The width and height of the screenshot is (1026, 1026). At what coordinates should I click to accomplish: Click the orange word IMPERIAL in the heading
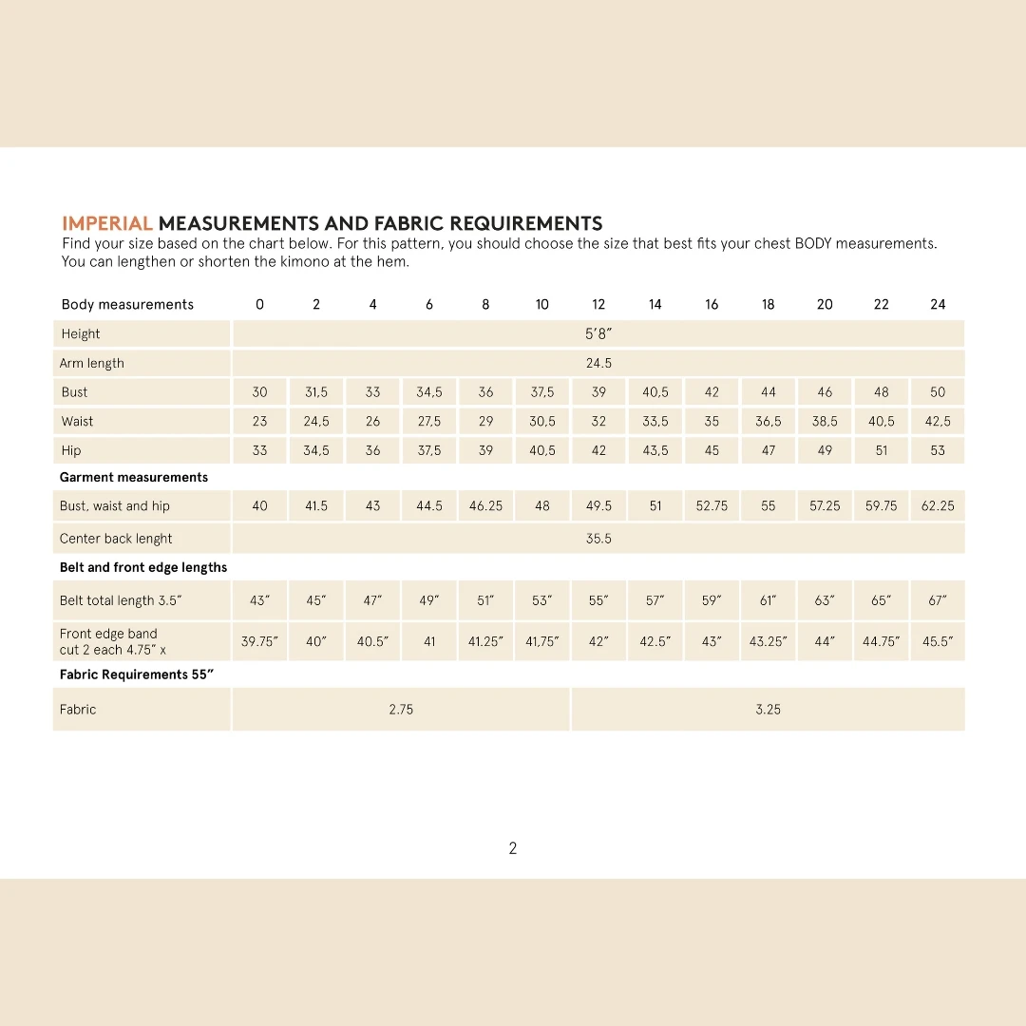[x=107, y=224]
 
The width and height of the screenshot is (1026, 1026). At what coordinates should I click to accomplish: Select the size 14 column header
[x=655, y=305]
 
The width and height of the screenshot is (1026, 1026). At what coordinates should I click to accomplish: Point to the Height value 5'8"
[x=598, y=334]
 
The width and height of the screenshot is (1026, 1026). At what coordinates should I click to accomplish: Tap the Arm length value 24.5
[x=598, y=363]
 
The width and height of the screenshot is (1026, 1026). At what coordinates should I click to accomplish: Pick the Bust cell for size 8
[x=485, y=392]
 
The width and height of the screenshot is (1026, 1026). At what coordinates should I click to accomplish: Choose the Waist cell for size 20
[x=825, y=422]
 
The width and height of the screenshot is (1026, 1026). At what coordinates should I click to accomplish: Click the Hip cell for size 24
[x=938, y=451]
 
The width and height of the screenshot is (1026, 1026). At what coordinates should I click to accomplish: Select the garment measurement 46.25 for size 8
[x=485, y=506]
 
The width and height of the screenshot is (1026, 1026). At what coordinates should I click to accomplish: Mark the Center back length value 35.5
[x=598, y=539]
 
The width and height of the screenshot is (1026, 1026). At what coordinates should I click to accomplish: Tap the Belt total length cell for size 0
[x=259, y=601]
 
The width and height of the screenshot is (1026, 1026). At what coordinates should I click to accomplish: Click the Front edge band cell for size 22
[x=882, y=642]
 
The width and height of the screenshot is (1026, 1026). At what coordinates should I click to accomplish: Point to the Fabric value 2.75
[x=401, y=710]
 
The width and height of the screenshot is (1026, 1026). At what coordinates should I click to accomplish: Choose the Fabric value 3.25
[x=768, y=710]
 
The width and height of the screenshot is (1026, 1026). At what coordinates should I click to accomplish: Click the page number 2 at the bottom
[x=513, y=848]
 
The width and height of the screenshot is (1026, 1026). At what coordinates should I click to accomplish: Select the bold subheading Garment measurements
[x=134, y=478]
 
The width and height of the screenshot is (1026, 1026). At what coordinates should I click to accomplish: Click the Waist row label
[x=78, y=422]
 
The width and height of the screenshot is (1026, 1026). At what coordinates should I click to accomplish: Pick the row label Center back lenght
[x=116, y=539]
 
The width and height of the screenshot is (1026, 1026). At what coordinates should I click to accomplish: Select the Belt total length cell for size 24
[x=938, y=601]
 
